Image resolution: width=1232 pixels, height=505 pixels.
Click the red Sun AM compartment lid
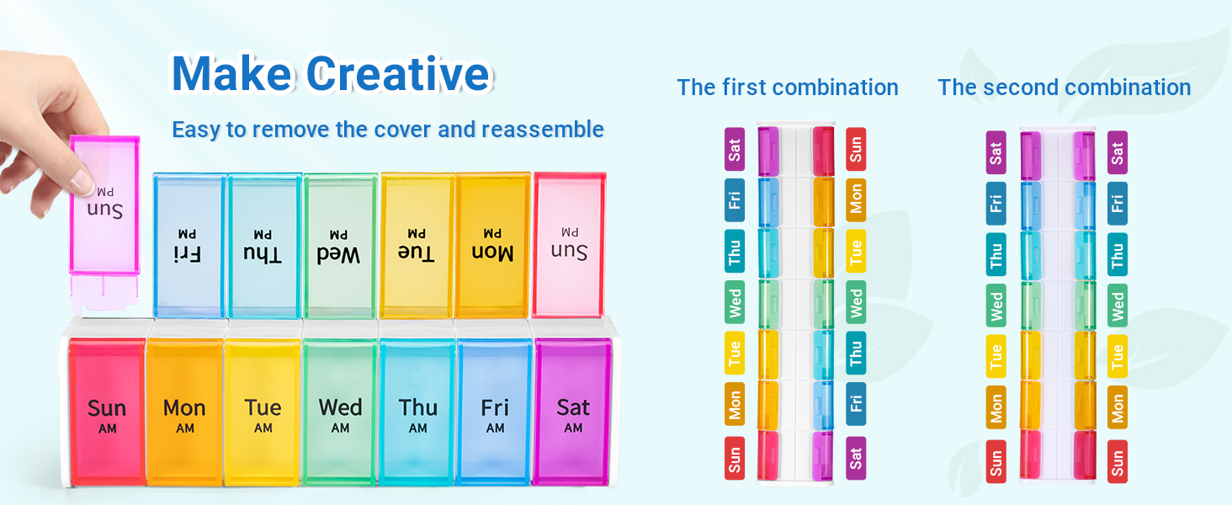[107, 411]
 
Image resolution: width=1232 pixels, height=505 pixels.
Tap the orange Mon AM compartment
[184, 411]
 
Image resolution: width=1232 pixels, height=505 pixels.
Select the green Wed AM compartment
[340, 411]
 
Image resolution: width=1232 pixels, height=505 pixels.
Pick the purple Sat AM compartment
[573, 411]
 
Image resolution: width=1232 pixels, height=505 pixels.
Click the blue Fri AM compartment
[495, 411]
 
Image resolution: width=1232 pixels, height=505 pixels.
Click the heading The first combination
[787, 88]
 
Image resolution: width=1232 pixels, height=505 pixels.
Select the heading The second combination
[1064, 88]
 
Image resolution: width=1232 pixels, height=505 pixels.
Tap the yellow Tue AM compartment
[263, 411]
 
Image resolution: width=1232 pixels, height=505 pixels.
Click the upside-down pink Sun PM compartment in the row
[570, 244]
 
